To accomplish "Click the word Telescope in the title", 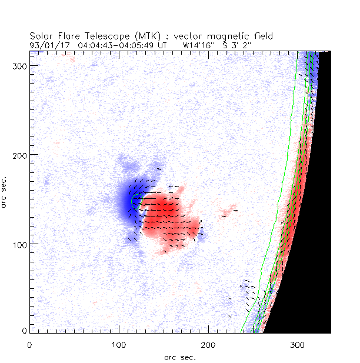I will click(x=101, y=36).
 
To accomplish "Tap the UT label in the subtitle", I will click(x=163, y=45).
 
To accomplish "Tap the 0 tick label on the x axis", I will click(x=29, y=344).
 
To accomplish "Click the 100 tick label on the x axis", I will click(x=119, y=344).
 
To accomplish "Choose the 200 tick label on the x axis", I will click(x=208, y=344).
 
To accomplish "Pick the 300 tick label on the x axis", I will click(x=298, y=344).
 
